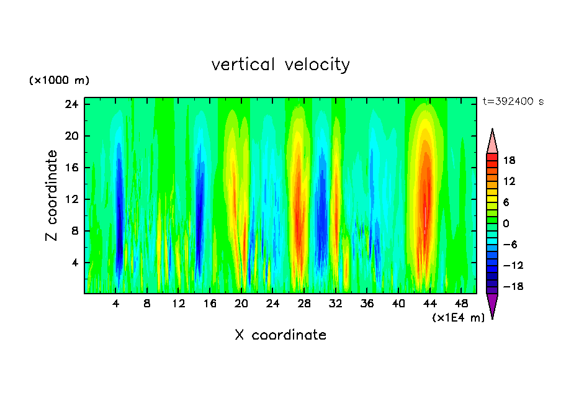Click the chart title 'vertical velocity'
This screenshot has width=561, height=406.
coord(280,65)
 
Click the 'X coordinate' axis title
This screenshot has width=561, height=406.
coord(280,335)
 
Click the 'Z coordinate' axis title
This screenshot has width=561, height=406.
coord(52,196)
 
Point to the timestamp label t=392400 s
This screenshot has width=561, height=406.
coord(513,102)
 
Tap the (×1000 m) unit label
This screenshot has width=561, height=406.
coord(59,81)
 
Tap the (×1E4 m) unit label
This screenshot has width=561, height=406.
coord(458,318)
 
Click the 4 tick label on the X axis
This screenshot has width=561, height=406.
coord(116,304)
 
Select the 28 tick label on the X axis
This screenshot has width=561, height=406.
coord(304,304)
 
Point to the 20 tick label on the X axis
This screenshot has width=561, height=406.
coord(241,304)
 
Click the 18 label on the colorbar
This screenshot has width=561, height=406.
coord(509,160)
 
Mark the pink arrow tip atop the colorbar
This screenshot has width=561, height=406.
coord(492,140)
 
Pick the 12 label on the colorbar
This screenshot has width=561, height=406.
coord(509,181)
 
